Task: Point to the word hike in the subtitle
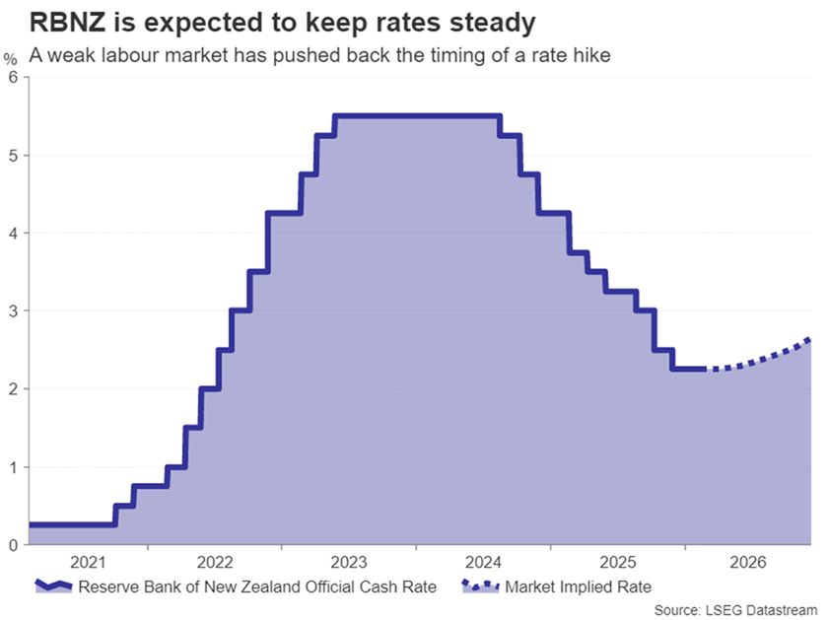593,55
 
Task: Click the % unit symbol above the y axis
11,60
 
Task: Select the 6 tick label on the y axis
12,77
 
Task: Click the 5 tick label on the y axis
12,155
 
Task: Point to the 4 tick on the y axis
12,233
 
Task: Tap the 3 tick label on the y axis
12,310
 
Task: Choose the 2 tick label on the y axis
12,388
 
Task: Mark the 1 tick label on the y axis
12,466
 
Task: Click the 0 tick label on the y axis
12,544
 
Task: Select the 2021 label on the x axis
88,563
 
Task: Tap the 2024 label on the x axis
480,563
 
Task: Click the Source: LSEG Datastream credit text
735,609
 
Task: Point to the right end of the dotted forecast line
809,339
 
